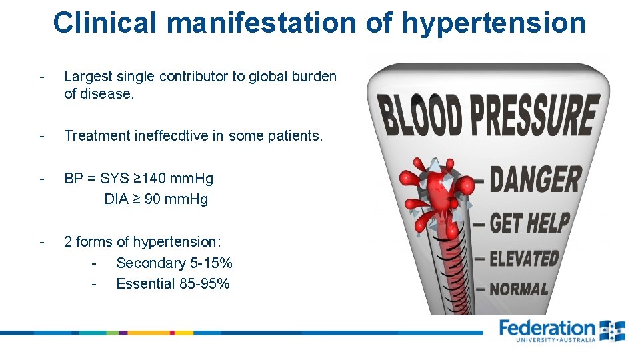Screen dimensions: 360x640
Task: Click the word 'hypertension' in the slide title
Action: tap(493, 22)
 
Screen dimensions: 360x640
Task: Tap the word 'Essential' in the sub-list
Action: tap(145, 284)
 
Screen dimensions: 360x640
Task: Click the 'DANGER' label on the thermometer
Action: tap(535, 180)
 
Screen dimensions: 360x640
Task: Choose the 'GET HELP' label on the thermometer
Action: tap(530, 222)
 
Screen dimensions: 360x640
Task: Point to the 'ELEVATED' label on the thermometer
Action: tap(524, 258)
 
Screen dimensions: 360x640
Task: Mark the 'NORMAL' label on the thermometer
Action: tap(519, 289)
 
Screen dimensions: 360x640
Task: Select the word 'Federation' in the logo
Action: tap(547, 328)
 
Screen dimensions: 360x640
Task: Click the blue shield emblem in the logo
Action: tap(612, 331)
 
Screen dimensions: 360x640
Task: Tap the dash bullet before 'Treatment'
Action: tap(41, 136)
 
